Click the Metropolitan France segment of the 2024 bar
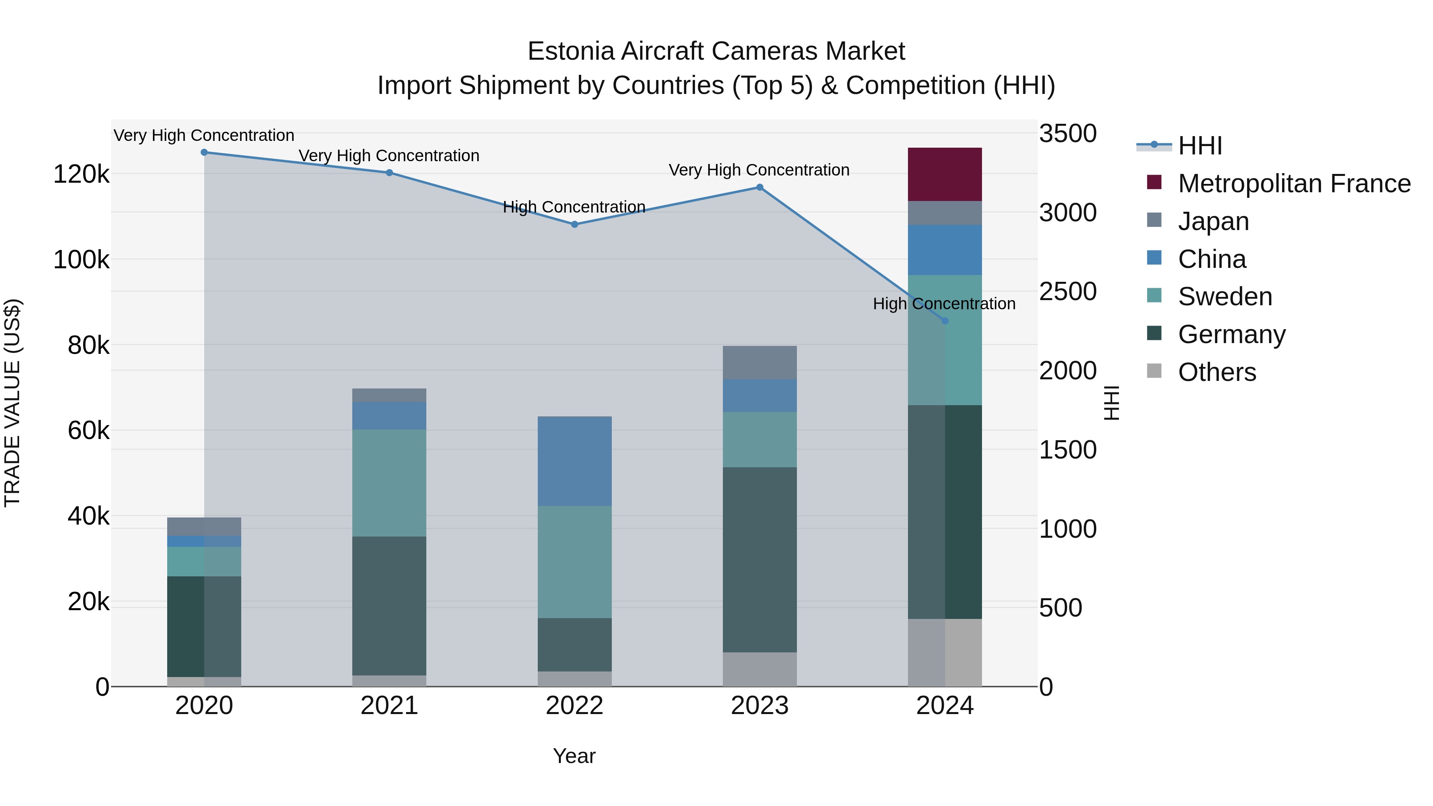pos(945,174)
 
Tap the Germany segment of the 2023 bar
pos(759,559)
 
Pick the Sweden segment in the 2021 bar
pos(389,482)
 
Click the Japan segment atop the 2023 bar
pos(759,362)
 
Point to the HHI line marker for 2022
pos(575,224)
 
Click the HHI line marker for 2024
pos(945,321)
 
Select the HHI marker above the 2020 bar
pos(204,152)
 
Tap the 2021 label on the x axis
pos(389,706)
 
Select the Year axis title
pos(574,756)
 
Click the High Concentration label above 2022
pos(574,207)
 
